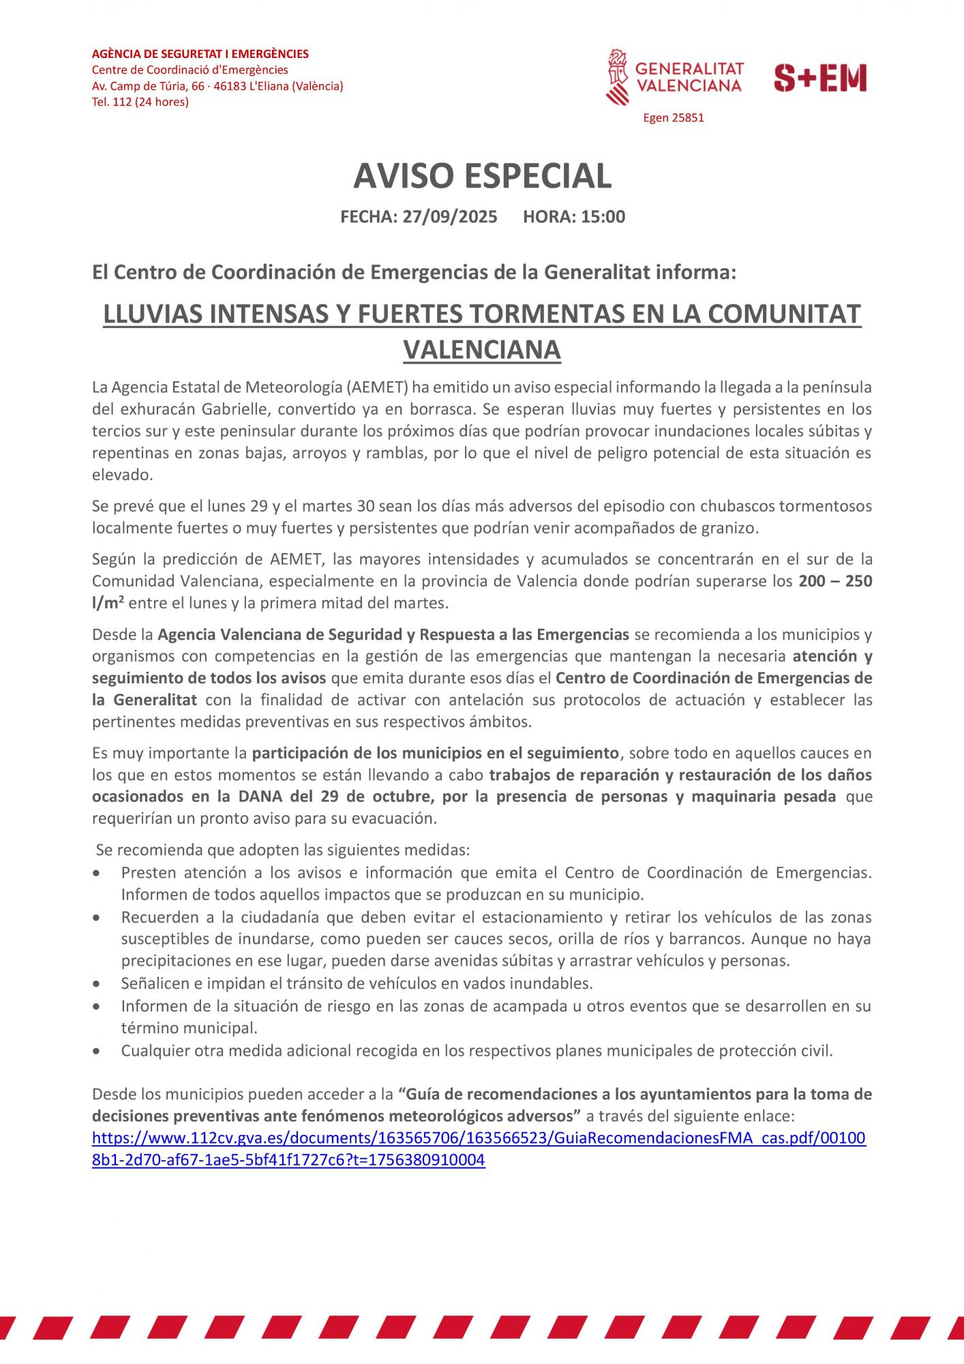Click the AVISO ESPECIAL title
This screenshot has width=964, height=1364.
pyautogui.click(x=482, y=176)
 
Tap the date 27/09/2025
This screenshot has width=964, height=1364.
pyautogui.click(x=449, y=217)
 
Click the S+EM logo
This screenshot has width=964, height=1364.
pyautogui.click(x=820, y=78)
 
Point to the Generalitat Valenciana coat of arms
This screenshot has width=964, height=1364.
pyautogui.click(x=618, y=76)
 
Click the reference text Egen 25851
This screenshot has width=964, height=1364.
pyautogui.click(x=673, y=118)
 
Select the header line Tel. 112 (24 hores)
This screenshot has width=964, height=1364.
pyautogui.click(x=140, y=102)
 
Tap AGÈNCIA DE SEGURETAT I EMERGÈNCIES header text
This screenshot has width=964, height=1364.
pyautogui.click(x=200, y=54)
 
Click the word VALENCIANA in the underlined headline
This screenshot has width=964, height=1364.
pyautogui.click(x=482, y=349)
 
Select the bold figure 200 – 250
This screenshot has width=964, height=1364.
pyautogui.click(x=835, y=581)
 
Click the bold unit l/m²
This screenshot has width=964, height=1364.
pyautogui.click(x=108, y=603)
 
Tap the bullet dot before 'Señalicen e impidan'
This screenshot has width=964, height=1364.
pyautogui.click(x=100, y=984)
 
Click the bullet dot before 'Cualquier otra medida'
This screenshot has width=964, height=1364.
pyautogui.click(x=100, y=1051)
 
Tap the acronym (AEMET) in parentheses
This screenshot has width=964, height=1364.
pyautogui.click(x=377, y=388)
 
